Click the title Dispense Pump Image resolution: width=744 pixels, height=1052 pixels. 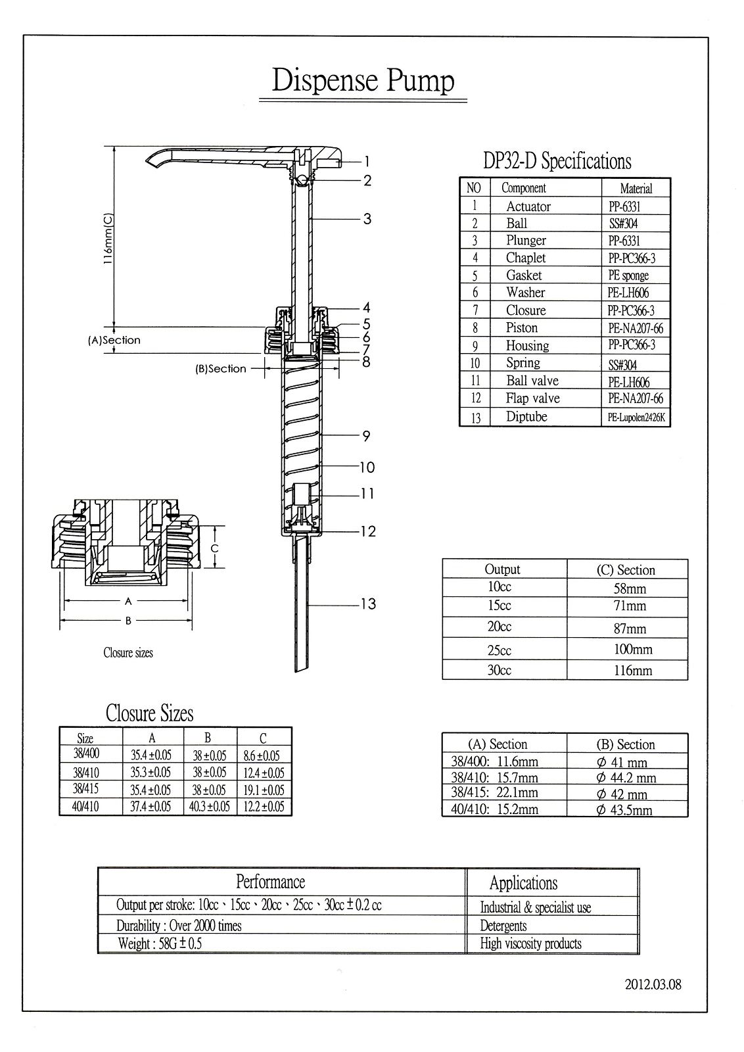point(363,81)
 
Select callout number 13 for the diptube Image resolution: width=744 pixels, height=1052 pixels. point(367,604)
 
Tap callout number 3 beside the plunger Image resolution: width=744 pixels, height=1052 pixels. point(367,219)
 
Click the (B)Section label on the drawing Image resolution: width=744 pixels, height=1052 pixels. point(221,369)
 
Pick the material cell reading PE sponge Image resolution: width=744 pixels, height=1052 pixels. point(628,275)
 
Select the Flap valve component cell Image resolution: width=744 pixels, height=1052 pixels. point(532,398)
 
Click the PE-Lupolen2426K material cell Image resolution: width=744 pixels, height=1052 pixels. point(635,417)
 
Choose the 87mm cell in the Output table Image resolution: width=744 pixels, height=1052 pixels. point(630,629)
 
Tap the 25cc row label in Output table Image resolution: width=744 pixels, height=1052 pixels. point(499,650)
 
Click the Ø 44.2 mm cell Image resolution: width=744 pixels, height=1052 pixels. point(626,778)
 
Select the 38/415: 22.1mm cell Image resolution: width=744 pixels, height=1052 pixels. point(494,793)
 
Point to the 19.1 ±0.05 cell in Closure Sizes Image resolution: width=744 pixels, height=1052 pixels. point(264,790)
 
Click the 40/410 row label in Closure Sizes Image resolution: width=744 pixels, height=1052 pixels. point(86,806)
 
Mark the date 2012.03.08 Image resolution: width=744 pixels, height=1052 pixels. point(653,984)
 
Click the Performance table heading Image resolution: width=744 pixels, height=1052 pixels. point(270,882)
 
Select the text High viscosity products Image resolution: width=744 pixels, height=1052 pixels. point(530,944)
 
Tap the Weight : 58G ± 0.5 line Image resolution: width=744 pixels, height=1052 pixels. point(160,944)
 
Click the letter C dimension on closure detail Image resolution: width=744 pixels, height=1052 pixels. point(214,548)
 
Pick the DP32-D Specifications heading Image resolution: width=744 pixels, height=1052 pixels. point(557,161)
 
